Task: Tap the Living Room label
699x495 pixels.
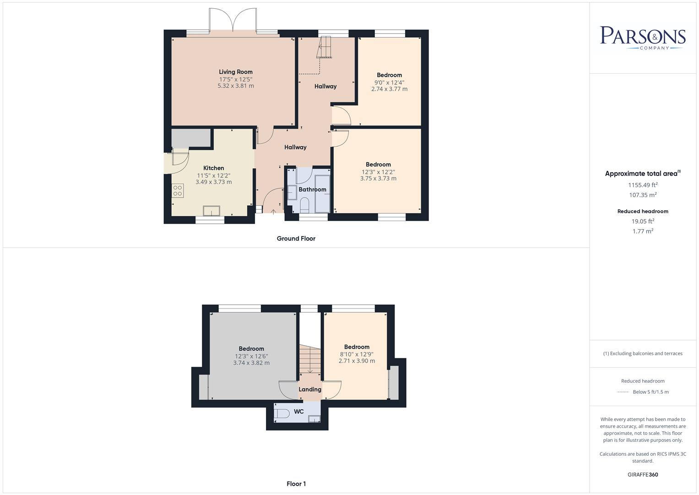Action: point(235,72)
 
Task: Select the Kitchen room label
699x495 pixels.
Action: point(213,168)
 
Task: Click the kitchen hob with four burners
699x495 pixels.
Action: point(178,190)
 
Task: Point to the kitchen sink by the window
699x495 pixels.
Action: point(211,210)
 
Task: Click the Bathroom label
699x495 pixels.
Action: point(312,189)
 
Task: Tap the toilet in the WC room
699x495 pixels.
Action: point(281,414)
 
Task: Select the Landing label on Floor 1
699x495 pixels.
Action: point(310,390)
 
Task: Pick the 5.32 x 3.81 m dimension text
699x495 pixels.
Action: point(235,86)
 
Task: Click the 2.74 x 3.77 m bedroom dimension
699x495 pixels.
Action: point(389,89)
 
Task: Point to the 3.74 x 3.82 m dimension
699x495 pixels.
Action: point(251,363)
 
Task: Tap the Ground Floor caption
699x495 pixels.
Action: point(296,238)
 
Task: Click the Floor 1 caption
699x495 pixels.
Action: point(296,484)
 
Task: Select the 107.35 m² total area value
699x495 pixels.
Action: point(642,195)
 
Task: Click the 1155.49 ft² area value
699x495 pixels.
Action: point(642,185)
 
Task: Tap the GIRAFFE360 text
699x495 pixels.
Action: point(642,474)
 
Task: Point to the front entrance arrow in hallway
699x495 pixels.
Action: point(273,211)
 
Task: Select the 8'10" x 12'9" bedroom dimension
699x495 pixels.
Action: point(357,354)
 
